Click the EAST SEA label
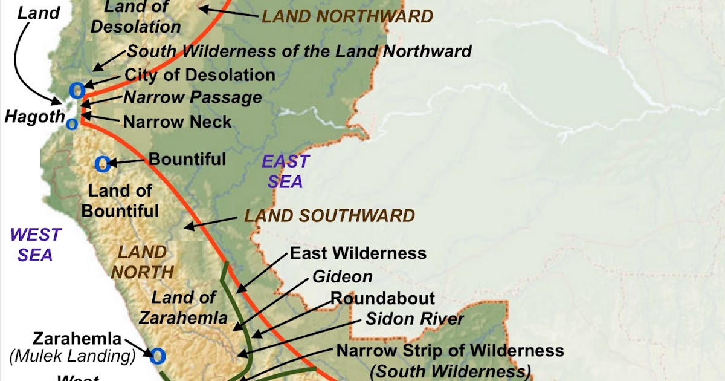click(x=286, y=171)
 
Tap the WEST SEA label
click(x=36, y=244)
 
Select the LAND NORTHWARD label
click(x=347, y=16)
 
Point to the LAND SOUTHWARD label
click(x=329, y=215)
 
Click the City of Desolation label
click(x=200, y=75)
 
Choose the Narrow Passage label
click(x=193, y=97)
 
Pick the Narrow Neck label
click(x=178, y=122)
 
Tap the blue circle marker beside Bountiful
click(x=102, y=163)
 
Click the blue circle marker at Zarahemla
click(x=157, y=356)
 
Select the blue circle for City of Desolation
click(x=77, y=91)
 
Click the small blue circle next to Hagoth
click(x=71, y=124)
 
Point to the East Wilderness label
click(x=358, y=253)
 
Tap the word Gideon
click(x=343, y=277)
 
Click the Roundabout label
click(x=382, y=298)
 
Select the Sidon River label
click(x=414, y=319)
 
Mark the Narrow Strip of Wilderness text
click(x=450, y=350)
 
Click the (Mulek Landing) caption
click(x=72, y=357)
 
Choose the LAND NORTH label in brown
click(x=142, y=261)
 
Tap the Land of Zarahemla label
click(x=189, y=307)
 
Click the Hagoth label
click(x=34, y=117)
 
